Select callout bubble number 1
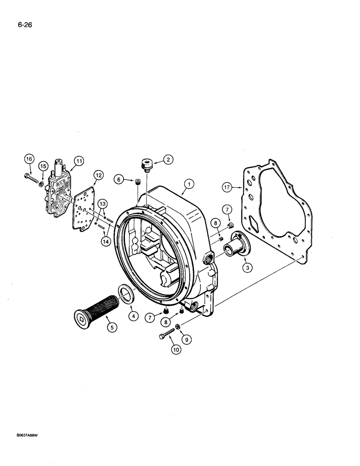click(189, 184)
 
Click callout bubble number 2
click(168, 159)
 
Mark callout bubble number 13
click(102, 203)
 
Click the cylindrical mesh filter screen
click(103, 308)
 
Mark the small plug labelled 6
click(138, 181)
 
